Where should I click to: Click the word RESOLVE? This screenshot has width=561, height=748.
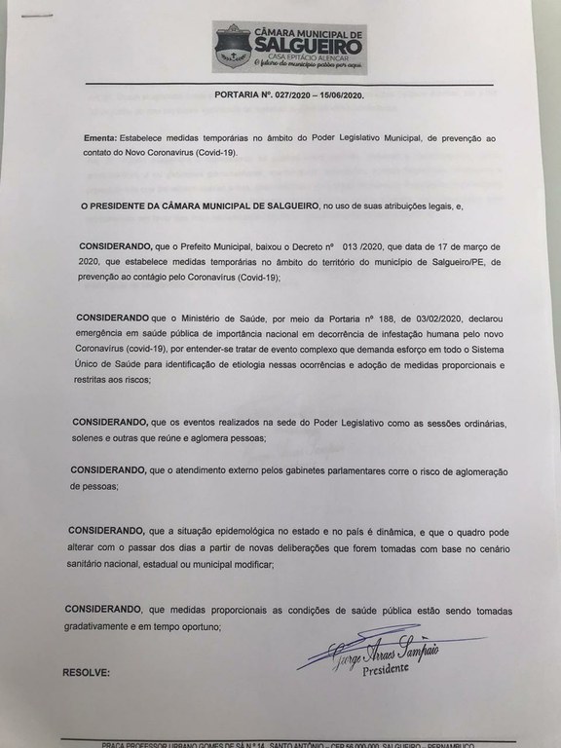86,672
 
